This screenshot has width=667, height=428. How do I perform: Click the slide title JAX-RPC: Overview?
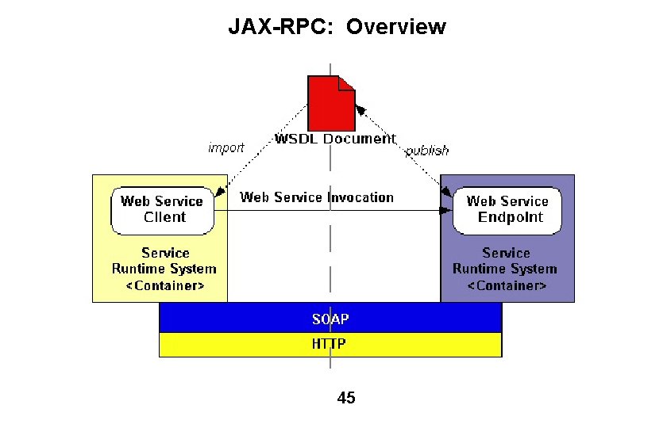337,27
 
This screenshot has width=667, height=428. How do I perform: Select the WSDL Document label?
334,139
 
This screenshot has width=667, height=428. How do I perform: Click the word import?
226,148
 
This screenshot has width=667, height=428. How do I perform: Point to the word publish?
427,151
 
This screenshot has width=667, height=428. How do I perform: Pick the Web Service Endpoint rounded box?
507,210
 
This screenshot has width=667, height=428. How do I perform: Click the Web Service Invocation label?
317,197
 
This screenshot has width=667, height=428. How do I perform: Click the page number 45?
346,398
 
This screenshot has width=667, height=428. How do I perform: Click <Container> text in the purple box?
506,285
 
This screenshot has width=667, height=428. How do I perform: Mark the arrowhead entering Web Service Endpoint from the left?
447,211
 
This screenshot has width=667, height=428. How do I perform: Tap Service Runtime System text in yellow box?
165,261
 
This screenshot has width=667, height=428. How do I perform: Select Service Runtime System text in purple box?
506,261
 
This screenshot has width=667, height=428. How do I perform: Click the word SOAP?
330,319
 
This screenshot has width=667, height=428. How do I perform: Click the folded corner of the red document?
347,82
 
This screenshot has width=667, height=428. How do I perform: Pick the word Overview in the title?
396,27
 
